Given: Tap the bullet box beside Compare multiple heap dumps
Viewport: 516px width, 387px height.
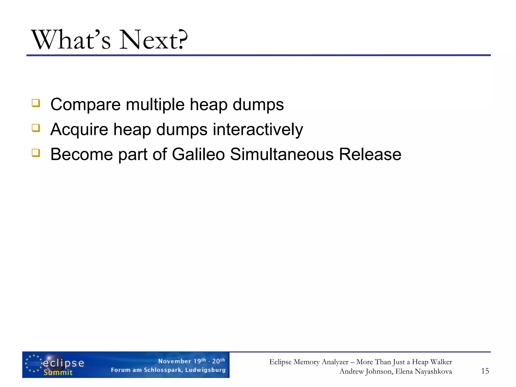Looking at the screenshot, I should pos(36,103).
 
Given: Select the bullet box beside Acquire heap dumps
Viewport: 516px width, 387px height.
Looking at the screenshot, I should pos(36,128).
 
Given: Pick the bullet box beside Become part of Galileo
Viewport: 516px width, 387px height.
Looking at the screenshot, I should pos(36,153).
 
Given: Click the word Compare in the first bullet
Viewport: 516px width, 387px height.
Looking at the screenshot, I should pos(85,105).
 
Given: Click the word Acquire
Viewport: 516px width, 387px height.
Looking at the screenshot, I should pos(79,130).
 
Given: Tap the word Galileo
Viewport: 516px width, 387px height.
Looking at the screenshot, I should pos(198,154).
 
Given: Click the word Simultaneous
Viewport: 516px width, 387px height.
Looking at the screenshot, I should pos(282,154).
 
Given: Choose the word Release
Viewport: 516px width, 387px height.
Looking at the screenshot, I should pos(370,154).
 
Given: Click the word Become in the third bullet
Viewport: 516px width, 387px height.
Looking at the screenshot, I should pos(81,154).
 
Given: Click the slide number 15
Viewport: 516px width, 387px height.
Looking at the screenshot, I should pos(485,371).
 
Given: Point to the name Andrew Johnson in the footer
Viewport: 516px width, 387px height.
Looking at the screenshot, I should pos(366,371).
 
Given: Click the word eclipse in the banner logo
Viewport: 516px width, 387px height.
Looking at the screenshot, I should pos(63,363).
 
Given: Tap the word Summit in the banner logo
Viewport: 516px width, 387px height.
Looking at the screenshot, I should pos(58,372).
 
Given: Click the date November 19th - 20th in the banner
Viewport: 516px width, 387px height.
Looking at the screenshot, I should pos(191,361).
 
